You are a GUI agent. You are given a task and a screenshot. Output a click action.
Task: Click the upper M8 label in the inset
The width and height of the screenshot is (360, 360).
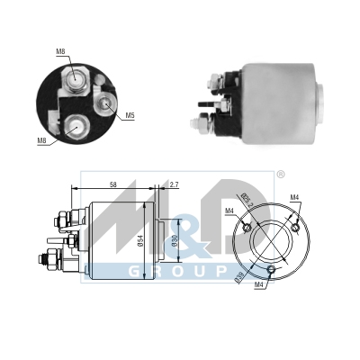click(x=60, y=51)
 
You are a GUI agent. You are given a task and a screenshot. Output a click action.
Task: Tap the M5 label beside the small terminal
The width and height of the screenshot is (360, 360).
click(x=130, y=115)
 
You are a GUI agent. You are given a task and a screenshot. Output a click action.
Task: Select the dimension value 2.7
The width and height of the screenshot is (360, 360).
click(x=174, y=184)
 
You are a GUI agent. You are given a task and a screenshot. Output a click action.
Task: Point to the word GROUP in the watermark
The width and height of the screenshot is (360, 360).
click(x=171, y=271)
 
